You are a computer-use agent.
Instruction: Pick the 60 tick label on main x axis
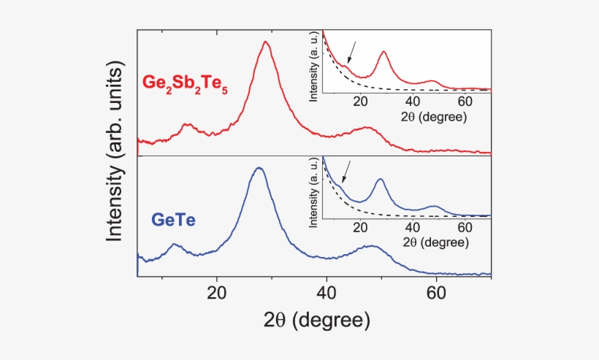tap(436, 294)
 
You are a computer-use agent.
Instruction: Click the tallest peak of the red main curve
tap(266, 42)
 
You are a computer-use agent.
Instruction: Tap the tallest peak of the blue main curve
tap(258, 168)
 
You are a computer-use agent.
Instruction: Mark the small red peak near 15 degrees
tap(187, 125)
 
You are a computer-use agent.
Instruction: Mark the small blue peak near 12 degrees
tap(174, 245)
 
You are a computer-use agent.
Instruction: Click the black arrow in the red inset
tap(351, 52)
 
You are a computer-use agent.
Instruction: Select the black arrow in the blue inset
tap(346, 172)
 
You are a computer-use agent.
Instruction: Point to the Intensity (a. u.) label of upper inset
tap(315, 66)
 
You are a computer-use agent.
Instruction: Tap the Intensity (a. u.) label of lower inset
tap(315, 191)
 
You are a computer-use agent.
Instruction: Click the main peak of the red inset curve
tap(384, 52)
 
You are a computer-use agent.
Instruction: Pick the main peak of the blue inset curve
tap(380, 180)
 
